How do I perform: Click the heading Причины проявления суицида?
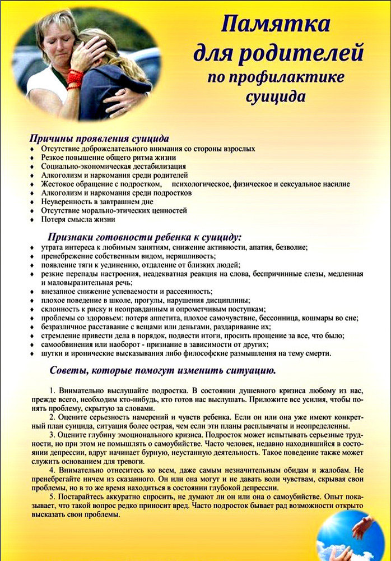pyautogui.click(x=99, y=138)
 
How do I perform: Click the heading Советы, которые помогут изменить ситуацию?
pyautogui.click(x=162, y=371)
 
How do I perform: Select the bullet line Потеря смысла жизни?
pyautogui.click(x=78, y=219)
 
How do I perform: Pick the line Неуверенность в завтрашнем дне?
pyautogui.click(x=97, y=201)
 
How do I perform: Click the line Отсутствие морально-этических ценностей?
pyautogui.click(x=114, y=210)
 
